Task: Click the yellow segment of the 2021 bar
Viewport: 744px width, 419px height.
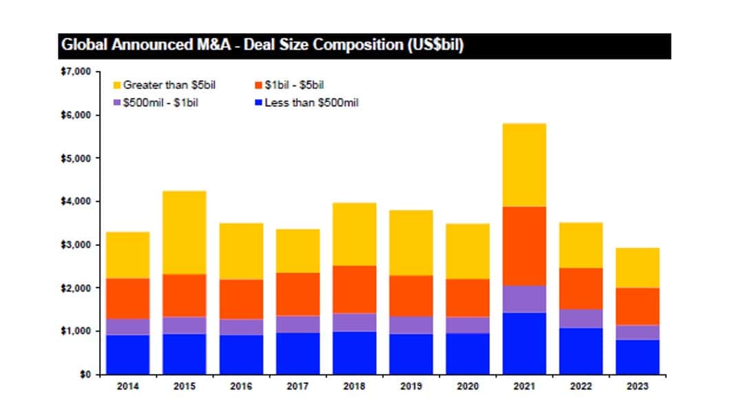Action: [x=524, y=165]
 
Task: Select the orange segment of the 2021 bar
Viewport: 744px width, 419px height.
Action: [x=524, y=246]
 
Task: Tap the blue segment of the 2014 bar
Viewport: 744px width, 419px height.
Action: [x=127, y=354]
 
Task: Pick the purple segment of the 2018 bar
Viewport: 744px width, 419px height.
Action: [x=354, y=323]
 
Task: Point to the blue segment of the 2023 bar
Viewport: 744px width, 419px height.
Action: [x=637, y=357]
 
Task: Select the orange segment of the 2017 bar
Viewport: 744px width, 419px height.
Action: [x=298, y=294]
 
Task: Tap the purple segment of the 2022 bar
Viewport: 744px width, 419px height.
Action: [x=581, y=318]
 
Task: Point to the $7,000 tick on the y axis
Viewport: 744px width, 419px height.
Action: [x=75, y=72]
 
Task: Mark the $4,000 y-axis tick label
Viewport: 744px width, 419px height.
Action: [x=75, y=201]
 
